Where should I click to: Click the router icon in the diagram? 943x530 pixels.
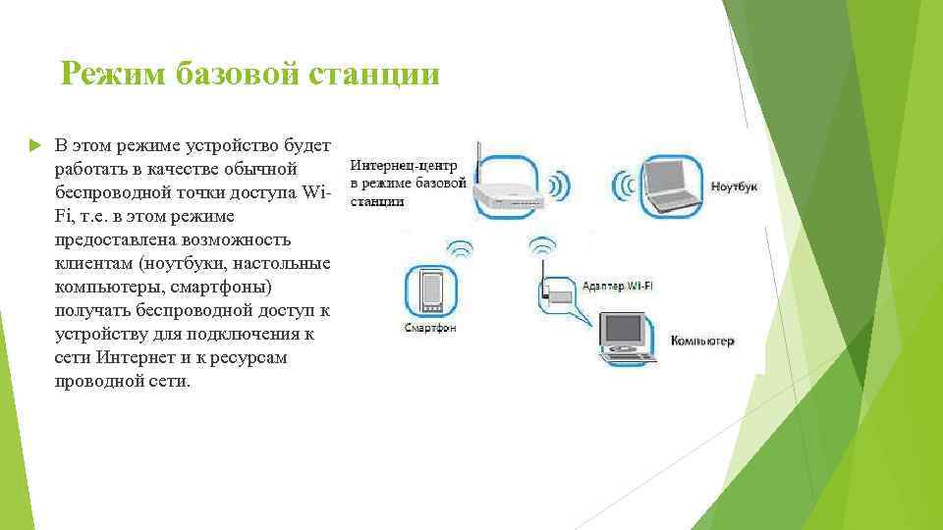[505, 187]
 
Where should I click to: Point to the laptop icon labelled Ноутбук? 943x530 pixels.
[672, 185]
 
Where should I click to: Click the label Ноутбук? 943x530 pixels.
[734, 186]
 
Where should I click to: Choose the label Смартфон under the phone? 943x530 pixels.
[429, 327]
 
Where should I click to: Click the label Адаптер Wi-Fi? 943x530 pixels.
[625, 286]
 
